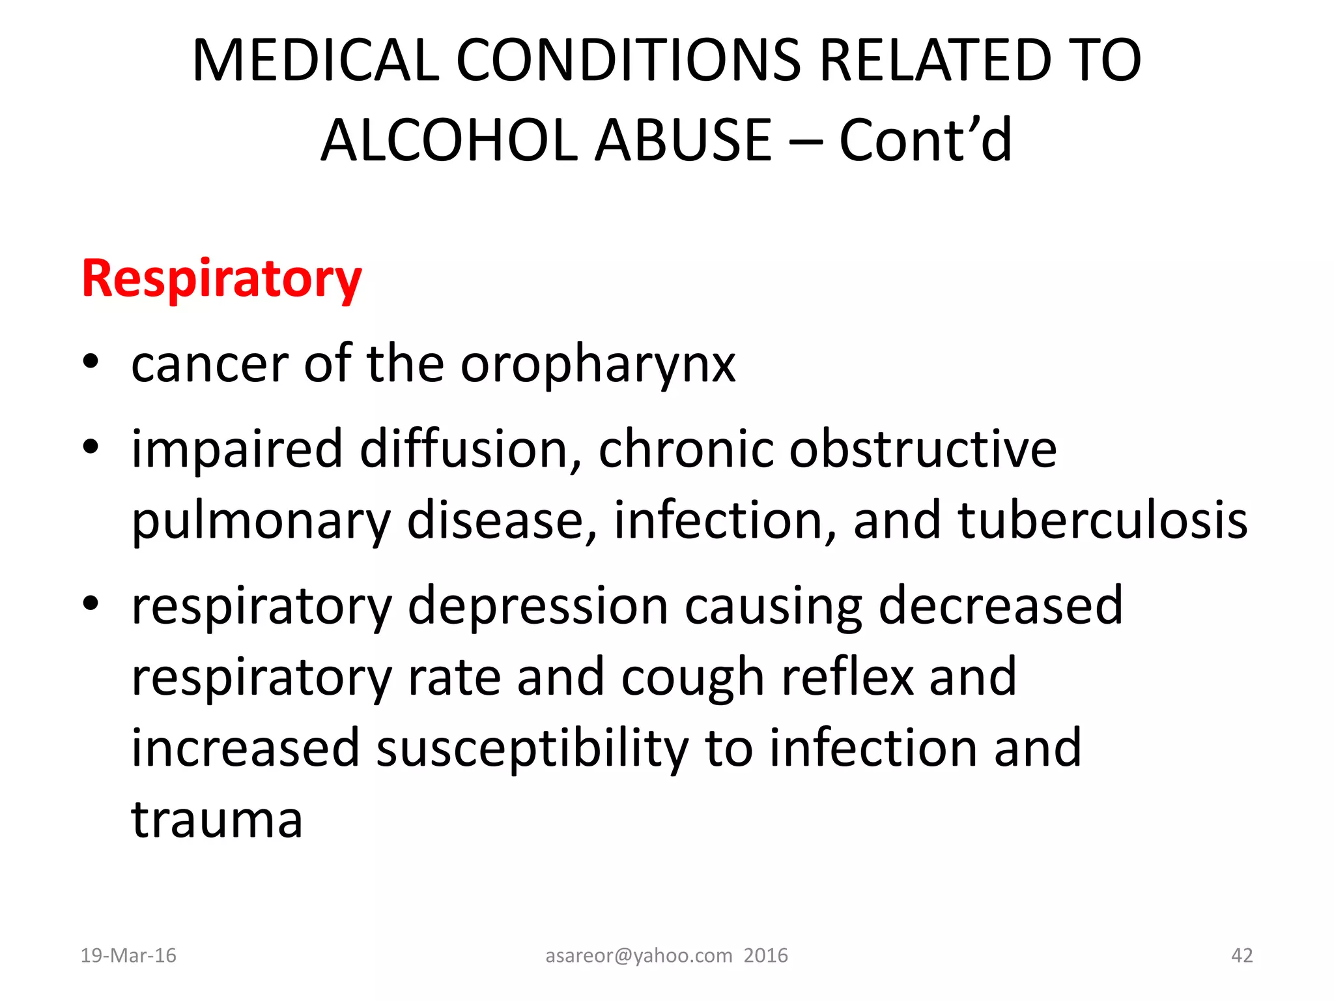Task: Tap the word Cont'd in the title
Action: [926, 141]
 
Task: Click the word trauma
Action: [217, 820]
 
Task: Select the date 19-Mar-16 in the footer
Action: [128, 955]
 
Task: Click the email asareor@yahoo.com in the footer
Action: [638, 955]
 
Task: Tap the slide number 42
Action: [1242, 955]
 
